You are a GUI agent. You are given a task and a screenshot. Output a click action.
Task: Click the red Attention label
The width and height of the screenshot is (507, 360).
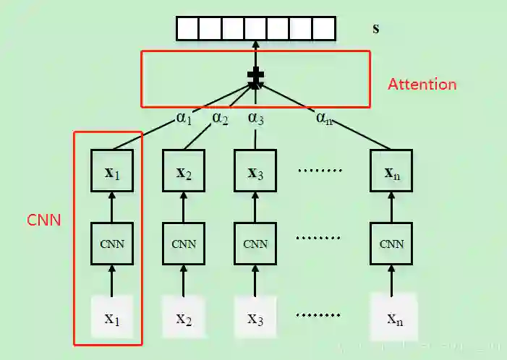(x=422, y=84)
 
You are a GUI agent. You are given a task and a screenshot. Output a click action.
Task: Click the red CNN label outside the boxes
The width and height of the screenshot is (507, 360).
(x=43, y=219)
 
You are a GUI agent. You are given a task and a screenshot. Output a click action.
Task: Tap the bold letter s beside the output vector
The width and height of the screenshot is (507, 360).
(x=375, y=29)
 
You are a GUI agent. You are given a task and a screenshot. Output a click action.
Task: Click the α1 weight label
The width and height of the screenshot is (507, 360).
(x=184, y=118)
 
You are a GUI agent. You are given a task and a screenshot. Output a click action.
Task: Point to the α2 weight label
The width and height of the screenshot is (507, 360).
(x=220, y=118)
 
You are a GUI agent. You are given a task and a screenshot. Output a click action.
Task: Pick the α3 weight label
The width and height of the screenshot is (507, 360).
(x=255, y=117)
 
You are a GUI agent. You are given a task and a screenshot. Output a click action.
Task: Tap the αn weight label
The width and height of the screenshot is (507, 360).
(x=325, y=117)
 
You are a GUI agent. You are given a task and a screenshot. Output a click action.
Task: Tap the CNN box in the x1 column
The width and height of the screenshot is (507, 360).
(x=111, y=243)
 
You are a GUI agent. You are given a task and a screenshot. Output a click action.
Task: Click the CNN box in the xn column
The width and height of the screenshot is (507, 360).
(x=391, y=243)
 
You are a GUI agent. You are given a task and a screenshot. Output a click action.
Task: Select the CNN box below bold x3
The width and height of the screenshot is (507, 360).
(x=255, y=243)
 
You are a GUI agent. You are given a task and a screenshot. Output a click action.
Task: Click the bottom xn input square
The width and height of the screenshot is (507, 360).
(x=393, y=317)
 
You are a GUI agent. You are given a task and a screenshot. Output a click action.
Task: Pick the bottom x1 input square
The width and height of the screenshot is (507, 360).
(x=111, y=317)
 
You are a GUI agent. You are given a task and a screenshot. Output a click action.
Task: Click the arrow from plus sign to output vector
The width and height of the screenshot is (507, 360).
(x=255, y=53)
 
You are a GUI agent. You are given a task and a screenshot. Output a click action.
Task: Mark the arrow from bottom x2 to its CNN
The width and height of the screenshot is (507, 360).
(x=184, y=280)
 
